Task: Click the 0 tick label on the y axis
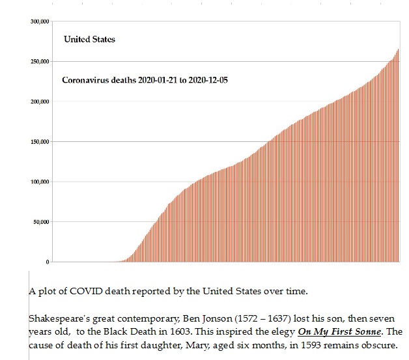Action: tap(48, 262)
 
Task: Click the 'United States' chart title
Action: tap(89, 40)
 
